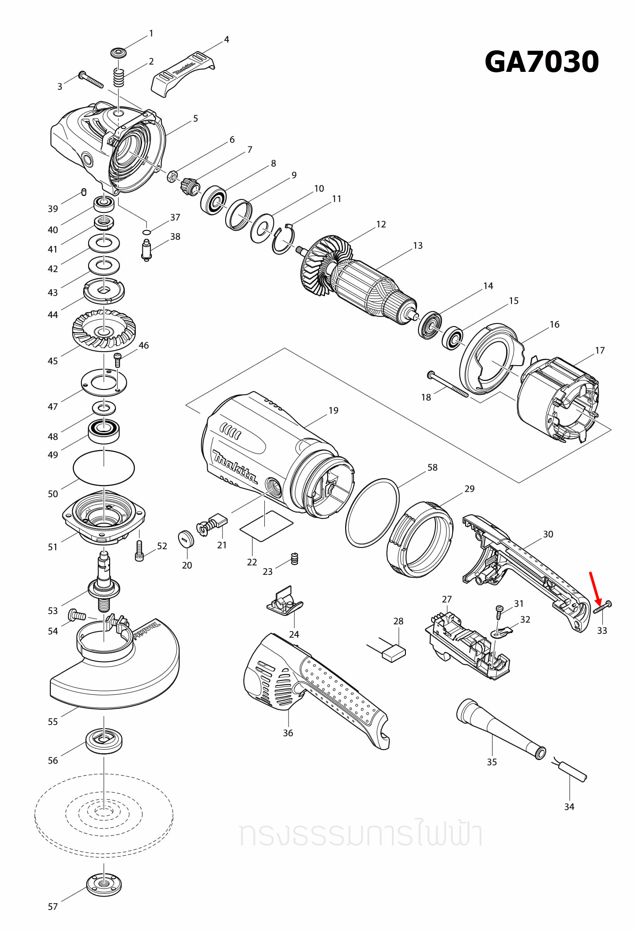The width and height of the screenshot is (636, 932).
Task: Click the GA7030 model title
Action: (x=541, y=62)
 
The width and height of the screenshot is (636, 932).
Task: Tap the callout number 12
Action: (x=381, y=224)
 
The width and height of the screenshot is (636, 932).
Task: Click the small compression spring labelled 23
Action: (x=295, y=558)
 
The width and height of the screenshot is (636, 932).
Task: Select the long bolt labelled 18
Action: (x=448, y=384)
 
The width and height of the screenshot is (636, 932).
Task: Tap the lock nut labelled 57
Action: (x=104, y=884)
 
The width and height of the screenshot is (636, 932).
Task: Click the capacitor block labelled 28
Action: (x=394, y=652)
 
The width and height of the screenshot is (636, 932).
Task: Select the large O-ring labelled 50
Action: (x=104, y=468)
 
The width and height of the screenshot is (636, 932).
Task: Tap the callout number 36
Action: (x=288, y=733)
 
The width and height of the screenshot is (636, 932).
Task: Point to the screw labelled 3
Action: (x=91, y=80)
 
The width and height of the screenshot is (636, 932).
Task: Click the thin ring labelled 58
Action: (x=372, y=513)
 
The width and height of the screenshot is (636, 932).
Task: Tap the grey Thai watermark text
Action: (x=361, y=834)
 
